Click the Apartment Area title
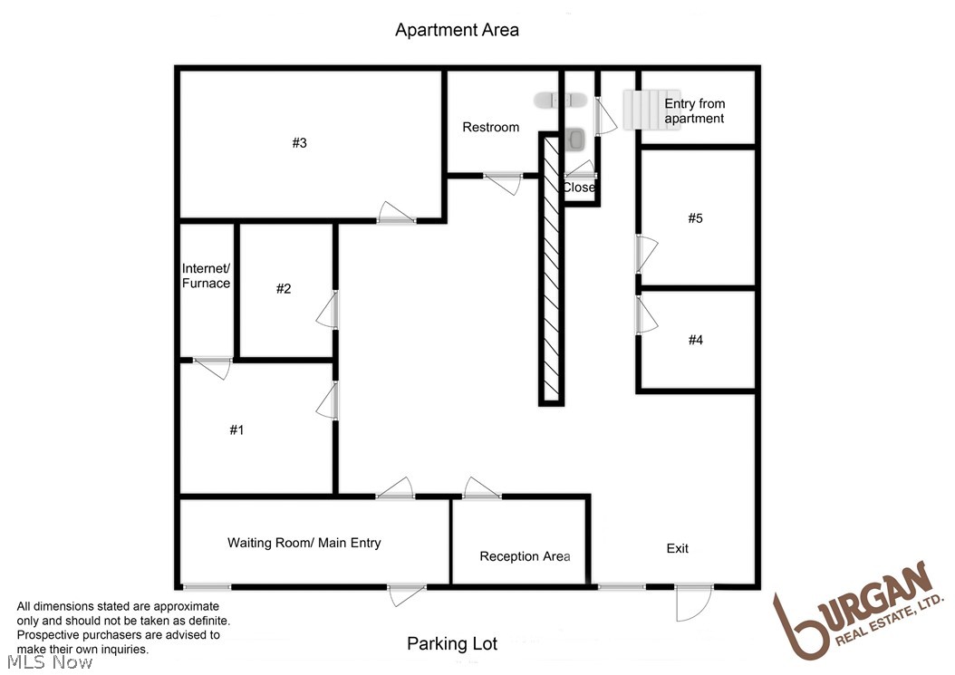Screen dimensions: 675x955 (x=457, y=30)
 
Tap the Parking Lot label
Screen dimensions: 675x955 (x=452, y=644)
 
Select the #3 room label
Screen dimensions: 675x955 (x=300, y=142)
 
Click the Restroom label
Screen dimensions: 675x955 (x=490, y=127)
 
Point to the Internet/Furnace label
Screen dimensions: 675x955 (x=206, y=275)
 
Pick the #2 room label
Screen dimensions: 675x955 (x=284, y=288)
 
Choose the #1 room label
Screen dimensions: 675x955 (x=236, y=430)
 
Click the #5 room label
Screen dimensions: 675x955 (x=695, y=217)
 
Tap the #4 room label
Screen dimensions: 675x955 (x=695, y=340)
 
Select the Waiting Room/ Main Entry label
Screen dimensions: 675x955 (x=304, y=543)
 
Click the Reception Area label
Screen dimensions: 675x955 (x=525, y=556)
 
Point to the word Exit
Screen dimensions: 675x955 (x=677, y=548)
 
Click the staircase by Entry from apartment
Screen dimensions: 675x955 (x=651, y=110)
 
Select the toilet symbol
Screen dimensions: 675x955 (x=575, y=139)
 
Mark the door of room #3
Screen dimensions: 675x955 (x=396, y=214)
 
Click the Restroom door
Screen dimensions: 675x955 (x=502, y=180)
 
